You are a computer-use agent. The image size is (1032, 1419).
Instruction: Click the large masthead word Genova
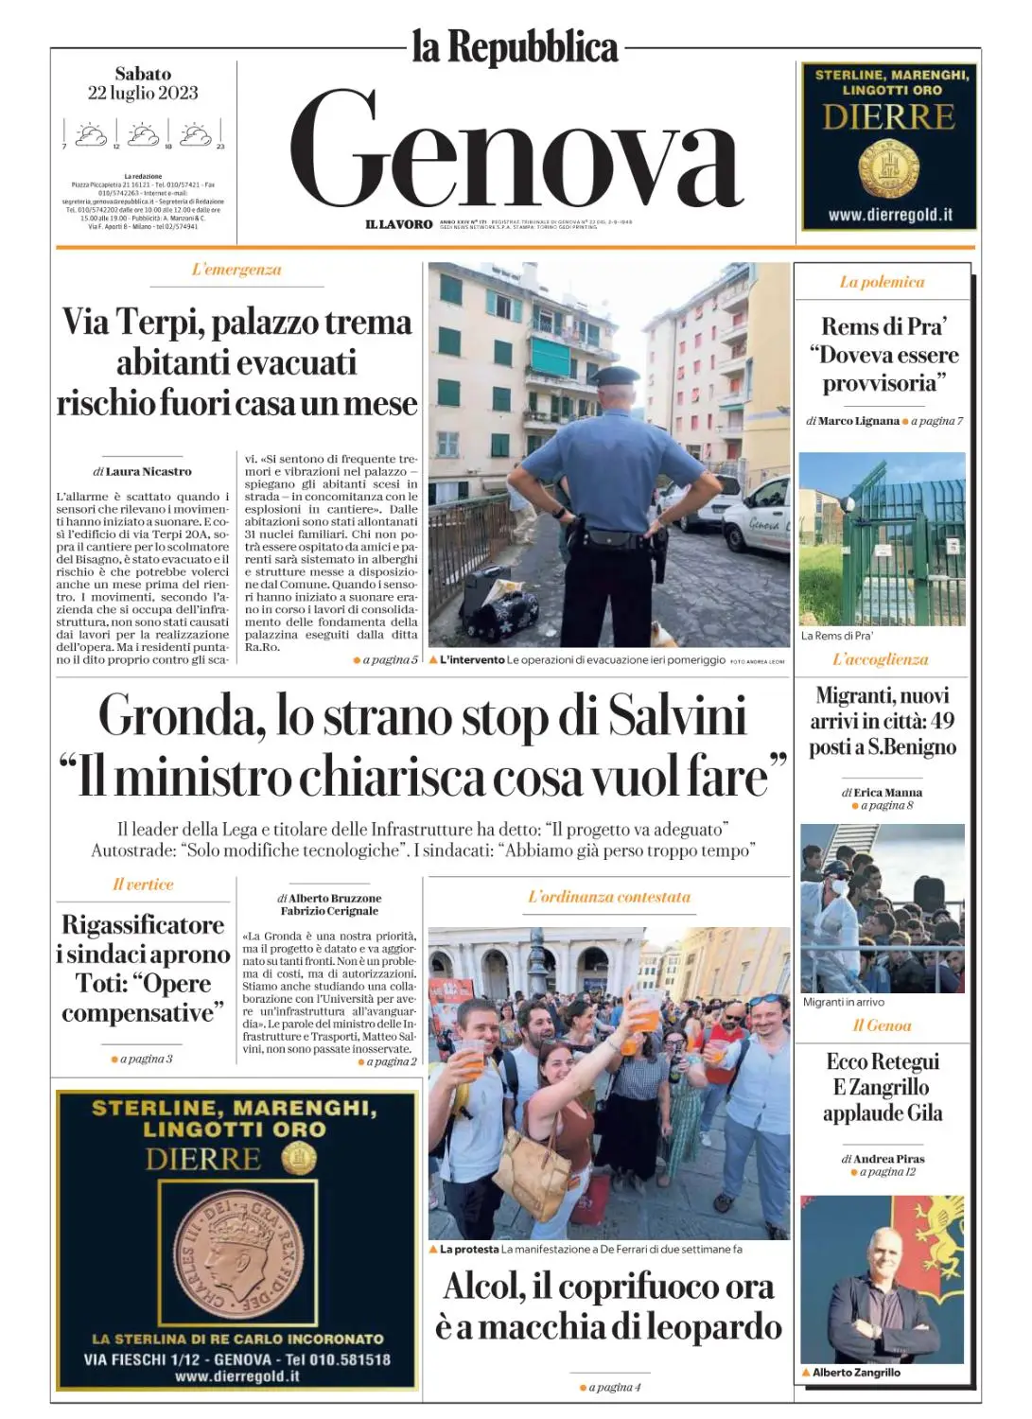coord(516,151)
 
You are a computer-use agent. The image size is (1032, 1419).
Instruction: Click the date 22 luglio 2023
coord(143,93)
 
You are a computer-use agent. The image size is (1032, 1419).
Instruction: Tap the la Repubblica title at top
coord(515,47)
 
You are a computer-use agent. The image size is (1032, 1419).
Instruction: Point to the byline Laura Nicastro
coord(148,471)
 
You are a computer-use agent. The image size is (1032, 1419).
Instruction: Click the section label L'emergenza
coord(236,270)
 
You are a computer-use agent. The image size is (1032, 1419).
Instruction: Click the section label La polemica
coord(882,282)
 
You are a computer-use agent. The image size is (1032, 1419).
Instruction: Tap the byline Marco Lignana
coord(858,421)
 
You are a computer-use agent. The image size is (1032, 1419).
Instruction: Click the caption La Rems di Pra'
coord(837,636)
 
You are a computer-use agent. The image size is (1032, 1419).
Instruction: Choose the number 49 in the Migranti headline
coord(942,721)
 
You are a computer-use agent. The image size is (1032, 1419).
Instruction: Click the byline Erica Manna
coord(887,793)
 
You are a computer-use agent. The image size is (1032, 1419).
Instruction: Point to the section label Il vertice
coord(143,885)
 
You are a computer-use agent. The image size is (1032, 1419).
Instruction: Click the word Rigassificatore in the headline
coord(143,924)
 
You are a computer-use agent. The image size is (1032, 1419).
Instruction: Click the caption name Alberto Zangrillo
coord(856,1373)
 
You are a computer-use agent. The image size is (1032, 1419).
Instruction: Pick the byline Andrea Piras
coord(888,1159)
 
